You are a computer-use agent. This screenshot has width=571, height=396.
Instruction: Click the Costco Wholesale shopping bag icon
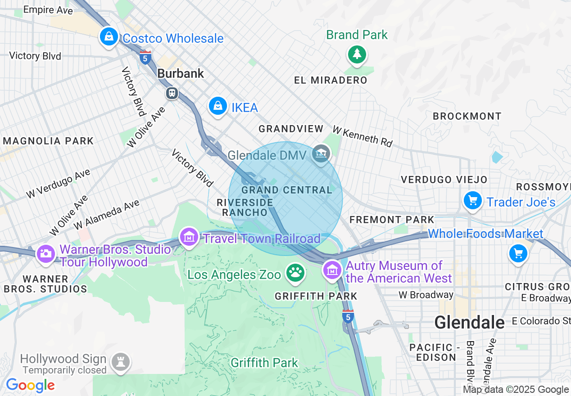coord(109,37)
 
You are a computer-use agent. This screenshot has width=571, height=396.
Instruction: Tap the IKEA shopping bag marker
coord(218,106)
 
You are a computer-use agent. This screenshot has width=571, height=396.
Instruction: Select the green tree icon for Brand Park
coord(357,54)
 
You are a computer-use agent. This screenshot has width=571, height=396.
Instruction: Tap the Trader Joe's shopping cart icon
coord(472,200)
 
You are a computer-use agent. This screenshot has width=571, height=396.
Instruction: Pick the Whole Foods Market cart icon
coord(518,253)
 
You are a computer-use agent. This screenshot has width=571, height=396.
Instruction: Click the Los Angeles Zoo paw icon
coord(295,273)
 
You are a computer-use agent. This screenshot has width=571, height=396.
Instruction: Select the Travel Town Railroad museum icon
coord(189,237)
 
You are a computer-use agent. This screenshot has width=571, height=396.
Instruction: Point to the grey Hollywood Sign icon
coord(121,361)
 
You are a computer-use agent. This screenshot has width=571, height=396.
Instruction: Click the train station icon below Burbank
coord(172,93)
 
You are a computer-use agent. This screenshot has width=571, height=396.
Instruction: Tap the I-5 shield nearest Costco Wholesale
coord(145,57)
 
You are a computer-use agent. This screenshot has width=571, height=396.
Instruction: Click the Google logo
coord(30,385)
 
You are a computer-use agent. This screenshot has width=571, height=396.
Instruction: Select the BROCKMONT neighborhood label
coord(467,116)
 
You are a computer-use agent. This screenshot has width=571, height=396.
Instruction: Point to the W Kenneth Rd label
coord(363,136)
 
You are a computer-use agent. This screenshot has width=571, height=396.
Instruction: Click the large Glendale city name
coord(470,322)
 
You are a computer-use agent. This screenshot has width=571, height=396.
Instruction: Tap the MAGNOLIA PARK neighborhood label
coord(48,141)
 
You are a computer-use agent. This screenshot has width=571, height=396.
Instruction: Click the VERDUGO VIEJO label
coord(444,180)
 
